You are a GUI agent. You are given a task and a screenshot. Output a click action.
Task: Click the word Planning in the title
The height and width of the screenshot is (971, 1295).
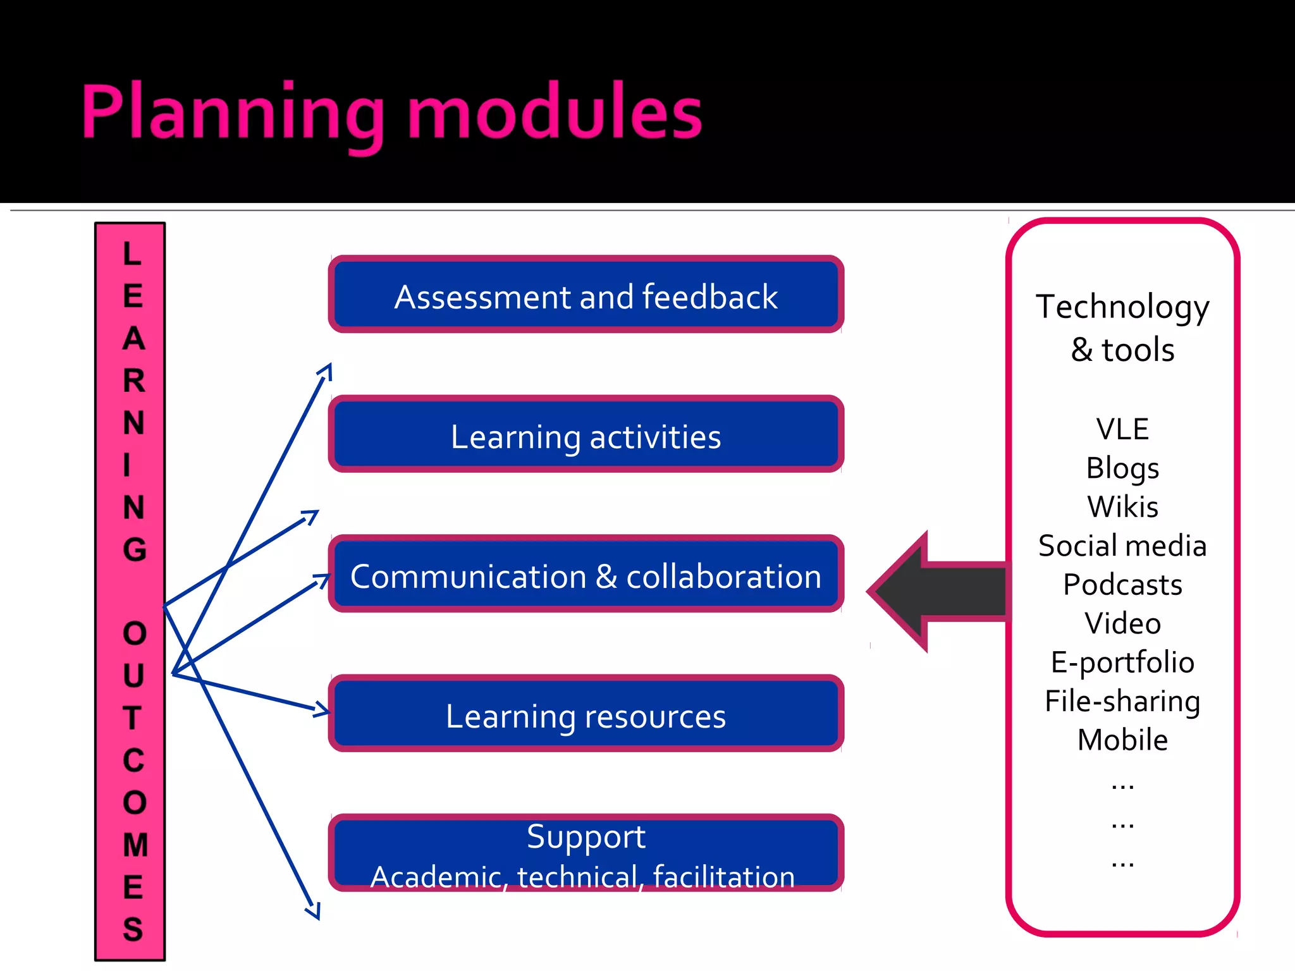[x=233, y=114]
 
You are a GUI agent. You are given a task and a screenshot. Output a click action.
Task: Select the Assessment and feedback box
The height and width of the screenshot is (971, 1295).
[x=586, y=296]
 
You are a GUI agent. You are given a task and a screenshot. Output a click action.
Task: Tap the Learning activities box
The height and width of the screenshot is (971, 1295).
[x=586, y=436]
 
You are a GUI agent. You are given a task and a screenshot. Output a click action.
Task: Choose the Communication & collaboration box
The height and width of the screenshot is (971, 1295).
[x=586, y=575]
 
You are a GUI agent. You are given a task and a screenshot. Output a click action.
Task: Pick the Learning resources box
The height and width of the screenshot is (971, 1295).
[x=586, y=715]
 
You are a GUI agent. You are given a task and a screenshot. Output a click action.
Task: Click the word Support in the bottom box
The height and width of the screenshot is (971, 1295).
[x=586, y=836]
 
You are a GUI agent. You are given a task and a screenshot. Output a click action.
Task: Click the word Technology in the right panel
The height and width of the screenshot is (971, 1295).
[x=1122, y=307]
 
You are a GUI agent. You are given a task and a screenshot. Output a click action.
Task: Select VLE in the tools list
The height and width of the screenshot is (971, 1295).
[x=1122, y=429]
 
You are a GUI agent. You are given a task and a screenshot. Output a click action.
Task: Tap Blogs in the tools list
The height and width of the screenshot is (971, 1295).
[x=1122, y=468]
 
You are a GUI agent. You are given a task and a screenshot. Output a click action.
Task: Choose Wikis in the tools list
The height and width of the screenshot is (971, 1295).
[x=1122, y=507]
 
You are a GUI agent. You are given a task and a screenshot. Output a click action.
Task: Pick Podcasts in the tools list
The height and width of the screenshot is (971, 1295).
[x=1122, y=585]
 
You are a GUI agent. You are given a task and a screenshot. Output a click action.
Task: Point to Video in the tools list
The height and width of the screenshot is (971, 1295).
[x=1122, y=624]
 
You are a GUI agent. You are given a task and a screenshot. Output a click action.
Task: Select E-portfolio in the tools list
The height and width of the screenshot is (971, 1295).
[x=1122, y=663]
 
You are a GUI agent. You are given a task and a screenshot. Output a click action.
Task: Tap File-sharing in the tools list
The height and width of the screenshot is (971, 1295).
[x=1122, y=702]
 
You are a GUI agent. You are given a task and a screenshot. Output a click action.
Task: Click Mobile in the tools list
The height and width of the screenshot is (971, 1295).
[x=1122, y=740]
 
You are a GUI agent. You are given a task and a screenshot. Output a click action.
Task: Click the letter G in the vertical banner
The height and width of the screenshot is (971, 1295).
[x=134, y=549]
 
